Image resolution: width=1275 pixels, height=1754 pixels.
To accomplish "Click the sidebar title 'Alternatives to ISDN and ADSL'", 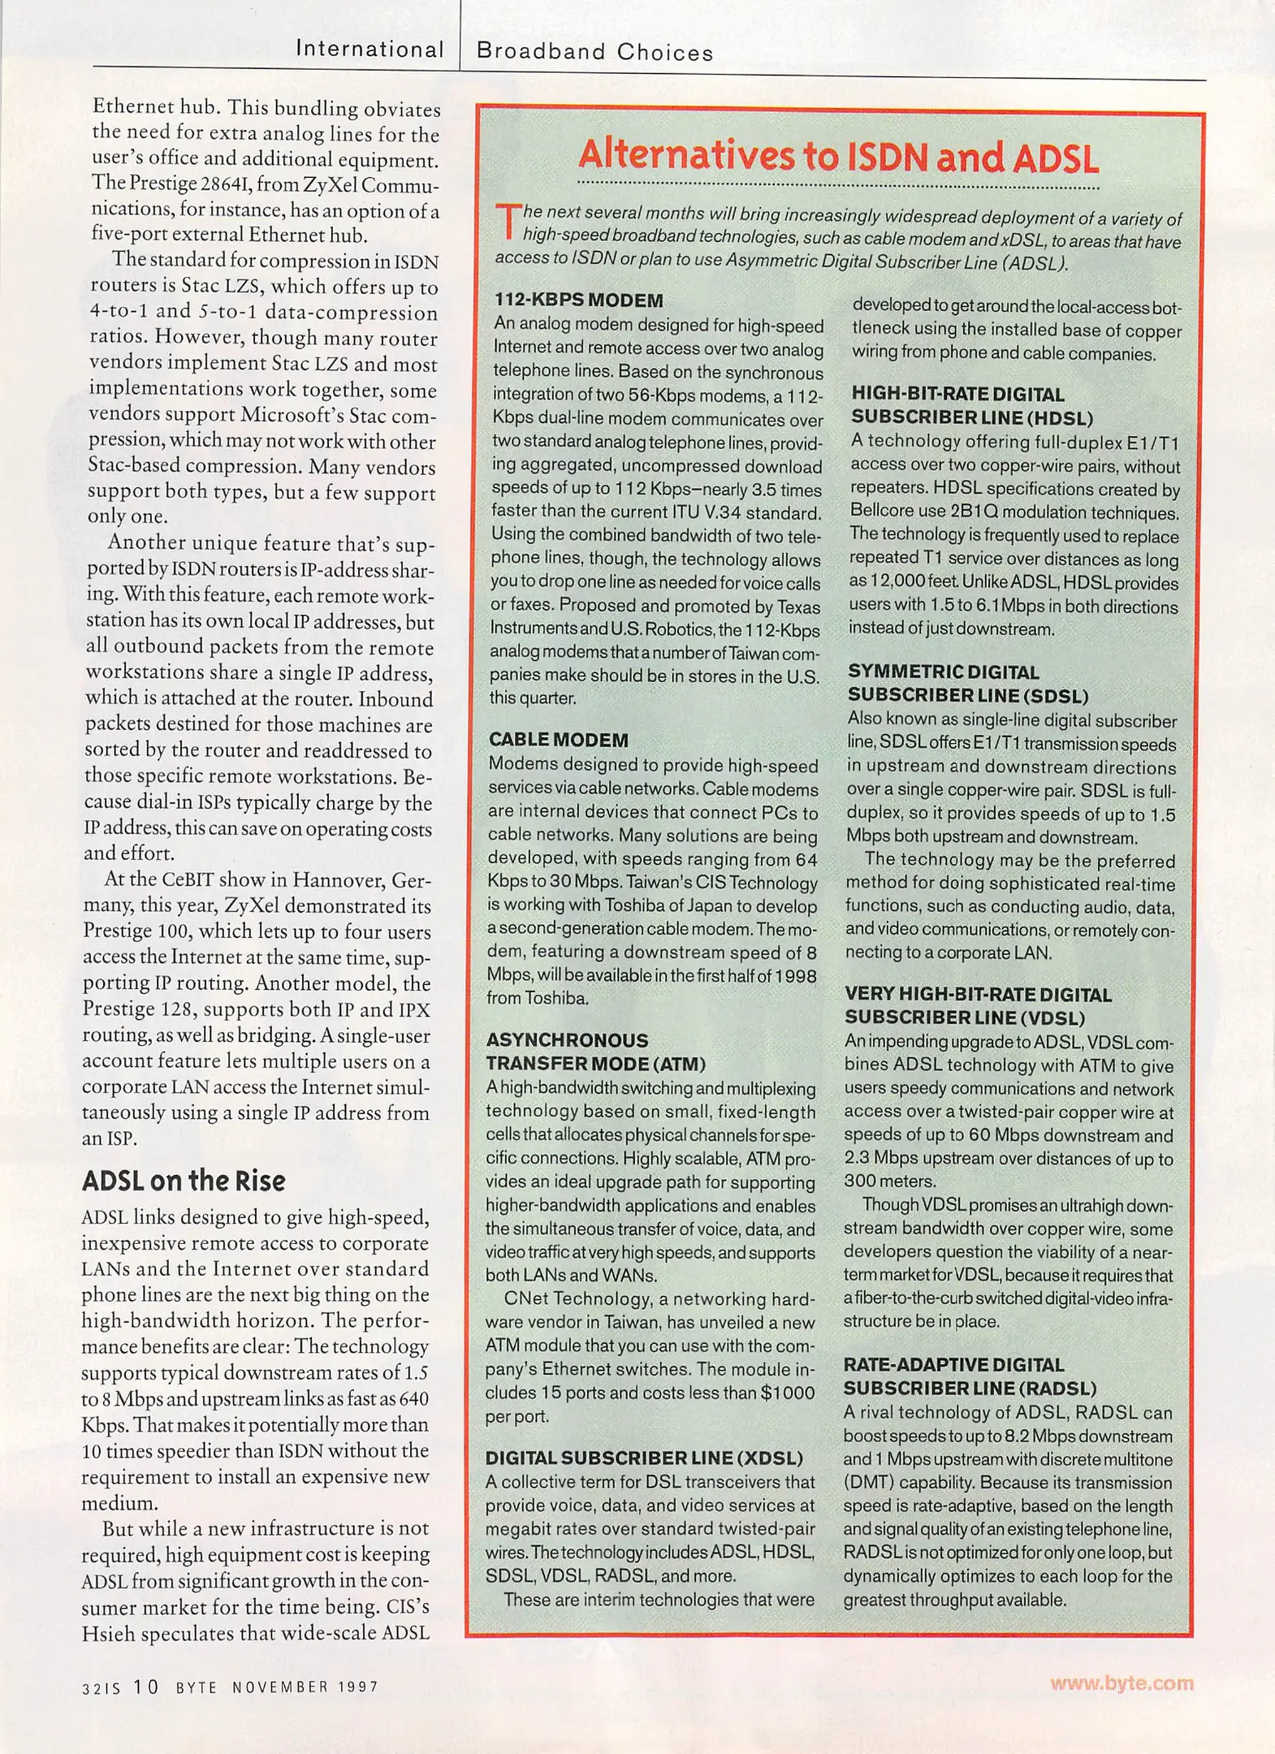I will pyautogui.click(x=837, y=157).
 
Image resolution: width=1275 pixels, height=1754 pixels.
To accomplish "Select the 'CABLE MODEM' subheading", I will pyautogui.click(x=559, y=740).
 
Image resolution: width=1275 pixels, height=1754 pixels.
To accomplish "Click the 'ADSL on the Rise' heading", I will pyautogui.click(x=184, y=1181).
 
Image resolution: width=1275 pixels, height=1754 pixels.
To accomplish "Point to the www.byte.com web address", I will pyautogui.click(x=1122, y=1683).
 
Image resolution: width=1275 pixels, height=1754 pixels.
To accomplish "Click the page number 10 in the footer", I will pyautogui.click(x=146, y=1687).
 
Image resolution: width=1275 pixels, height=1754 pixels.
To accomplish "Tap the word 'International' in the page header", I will pyautogui.click(x=370, y=50).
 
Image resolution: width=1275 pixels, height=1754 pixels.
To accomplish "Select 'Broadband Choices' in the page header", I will pyautogui.click(x=594, y=53).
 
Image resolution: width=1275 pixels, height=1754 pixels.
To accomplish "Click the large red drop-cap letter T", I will pyautogui.click(x=507, y=222).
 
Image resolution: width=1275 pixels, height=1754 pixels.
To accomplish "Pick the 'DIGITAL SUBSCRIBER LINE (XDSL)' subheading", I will pyautogui.click(x=644, y=1458).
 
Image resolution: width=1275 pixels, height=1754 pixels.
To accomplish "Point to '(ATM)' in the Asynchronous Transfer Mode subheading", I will pyautogui.click(x=676, y=1064).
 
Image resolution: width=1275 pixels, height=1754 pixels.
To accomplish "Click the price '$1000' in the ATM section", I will pyautogui.click(x=787, y=1393).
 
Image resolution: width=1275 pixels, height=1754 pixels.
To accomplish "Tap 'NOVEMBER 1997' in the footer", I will pyautogui.click(x=305, y=1687).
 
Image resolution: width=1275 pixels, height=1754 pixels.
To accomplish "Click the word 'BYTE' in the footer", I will pyautogui.click(x=197, y=1687).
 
